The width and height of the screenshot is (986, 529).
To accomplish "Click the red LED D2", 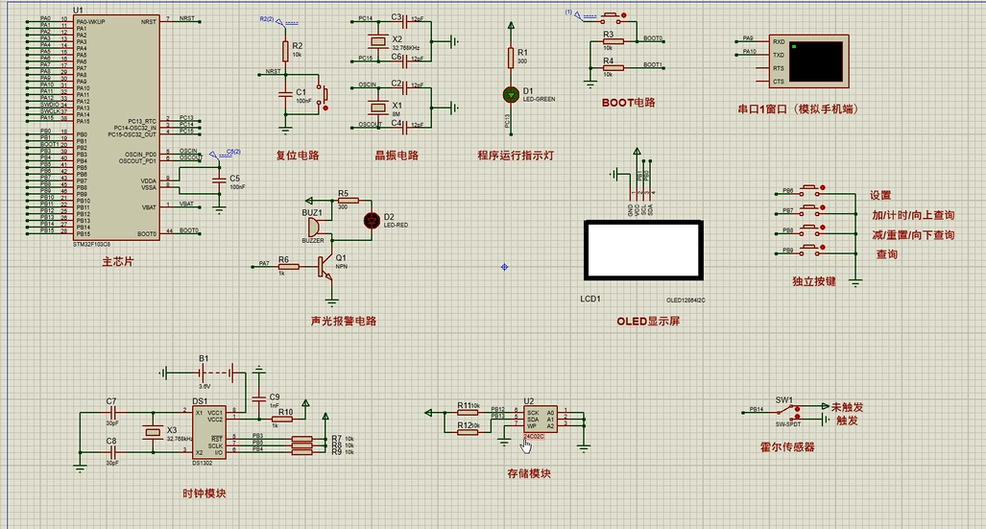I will pos(373,220).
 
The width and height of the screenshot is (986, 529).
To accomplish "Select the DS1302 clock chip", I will pos(208,430).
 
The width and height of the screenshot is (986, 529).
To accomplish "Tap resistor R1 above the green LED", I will pos(510,59).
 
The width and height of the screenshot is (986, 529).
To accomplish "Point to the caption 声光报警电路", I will pos(344,322).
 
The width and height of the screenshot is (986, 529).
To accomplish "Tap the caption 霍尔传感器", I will pos(786,447).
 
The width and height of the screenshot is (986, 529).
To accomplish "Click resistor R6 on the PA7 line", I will pos(282,264).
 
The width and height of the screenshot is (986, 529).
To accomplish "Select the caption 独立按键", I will pos(814,281).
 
